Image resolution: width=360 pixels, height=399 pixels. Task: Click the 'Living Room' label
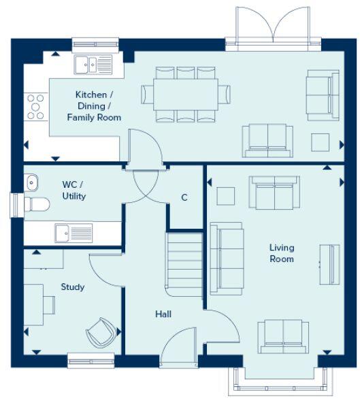pos(281,253)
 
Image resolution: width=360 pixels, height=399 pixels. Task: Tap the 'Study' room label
pos(73,287)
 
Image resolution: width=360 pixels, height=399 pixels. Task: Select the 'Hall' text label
pos(163,315)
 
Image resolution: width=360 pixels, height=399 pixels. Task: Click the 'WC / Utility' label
pos(73,191)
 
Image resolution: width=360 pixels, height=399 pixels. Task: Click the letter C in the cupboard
pos(184,198)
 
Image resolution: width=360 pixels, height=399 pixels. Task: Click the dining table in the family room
pos(185,95)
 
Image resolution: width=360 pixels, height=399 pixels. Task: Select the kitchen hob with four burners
pos(36,107)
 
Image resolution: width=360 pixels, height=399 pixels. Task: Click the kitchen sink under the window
pos(94,65)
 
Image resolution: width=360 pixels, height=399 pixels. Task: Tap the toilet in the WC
pos(35,204)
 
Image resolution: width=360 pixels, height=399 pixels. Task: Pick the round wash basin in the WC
pos(32,182)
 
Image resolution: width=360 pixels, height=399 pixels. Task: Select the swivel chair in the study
pos(99,332)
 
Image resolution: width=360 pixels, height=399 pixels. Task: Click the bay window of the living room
pos(282,378)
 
